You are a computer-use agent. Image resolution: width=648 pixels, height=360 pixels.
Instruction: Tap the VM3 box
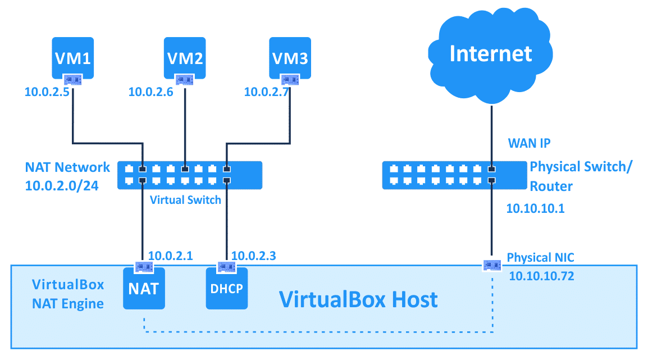click(290, 57)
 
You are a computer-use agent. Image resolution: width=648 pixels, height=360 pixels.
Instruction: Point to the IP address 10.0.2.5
click(47, 92)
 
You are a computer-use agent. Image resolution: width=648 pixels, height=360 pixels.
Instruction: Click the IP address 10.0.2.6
click(151, 92)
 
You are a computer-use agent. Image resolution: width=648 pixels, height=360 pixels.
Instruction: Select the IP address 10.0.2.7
click(267, 92)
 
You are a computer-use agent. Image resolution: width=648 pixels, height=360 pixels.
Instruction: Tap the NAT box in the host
click(144, 289)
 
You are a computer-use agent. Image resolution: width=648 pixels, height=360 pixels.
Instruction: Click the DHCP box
click(227, 289)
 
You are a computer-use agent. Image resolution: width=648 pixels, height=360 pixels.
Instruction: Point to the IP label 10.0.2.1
click(171, 256)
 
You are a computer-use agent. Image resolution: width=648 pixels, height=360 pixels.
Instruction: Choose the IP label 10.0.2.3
click(253, 256)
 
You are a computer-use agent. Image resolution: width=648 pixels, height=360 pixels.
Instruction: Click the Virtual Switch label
click(185, 200)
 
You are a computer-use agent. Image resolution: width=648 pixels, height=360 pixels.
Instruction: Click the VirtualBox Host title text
click(358, 299)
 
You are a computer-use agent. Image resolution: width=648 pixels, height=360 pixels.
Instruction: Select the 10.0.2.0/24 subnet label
click(62, 186)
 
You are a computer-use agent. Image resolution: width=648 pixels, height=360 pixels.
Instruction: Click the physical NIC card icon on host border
click(492, 264)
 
